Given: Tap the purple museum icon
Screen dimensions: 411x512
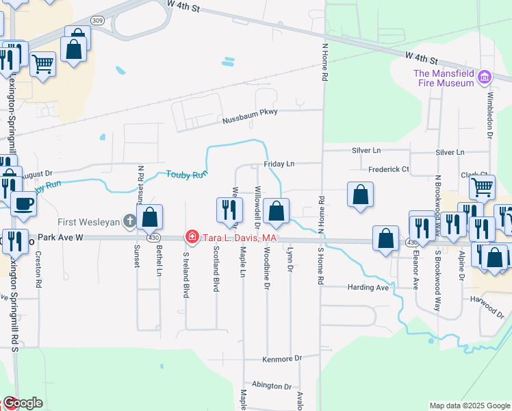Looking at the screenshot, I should point(485,77).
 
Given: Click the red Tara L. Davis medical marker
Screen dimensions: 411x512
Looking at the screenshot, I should point(192,238).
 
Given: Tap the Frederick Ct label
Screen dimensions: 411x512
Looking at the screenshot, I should point(388,169).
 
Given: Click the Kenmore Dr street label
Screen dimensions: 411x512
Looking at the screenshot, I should point(282,359).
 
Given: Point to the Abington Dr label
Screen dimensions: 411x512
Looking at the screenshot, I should point(272,386).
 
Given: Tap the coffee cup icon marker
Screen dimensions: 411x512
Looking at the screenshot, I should point(25,203).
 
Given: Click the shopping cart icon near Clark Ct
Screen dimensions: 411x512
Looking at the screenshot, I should point(483,186).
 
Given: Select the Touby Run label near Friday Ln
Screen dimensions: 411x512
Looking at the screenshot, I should point(186,175).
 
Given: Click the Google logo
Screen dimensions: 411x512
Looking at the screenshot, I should point(23,403).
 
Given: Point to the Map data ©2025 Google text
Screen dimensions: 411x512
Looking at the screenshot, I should point(469,406).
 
